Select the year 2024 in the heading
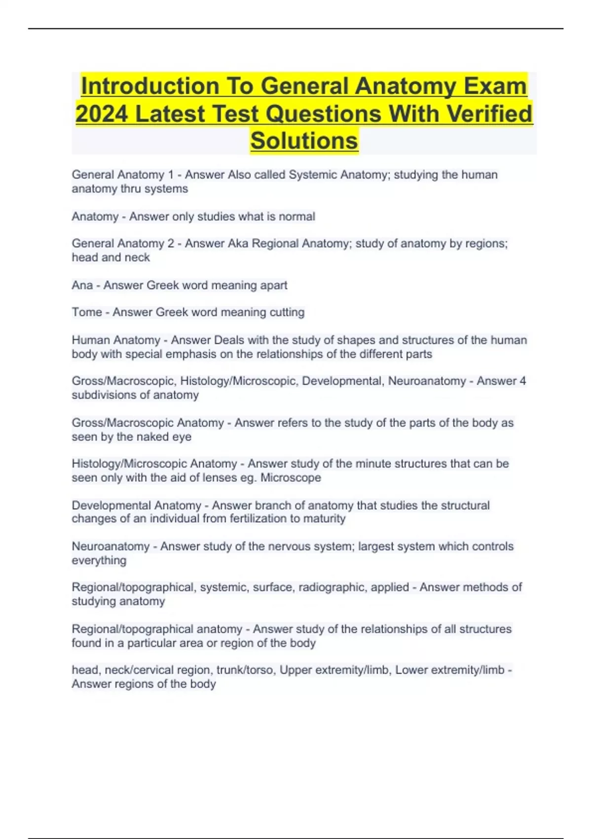(101, 114)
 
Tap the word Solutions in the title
(304, 141)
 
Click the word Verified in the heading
(490, 114)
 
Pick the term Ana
(82, 285)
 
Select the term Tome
(87, 312)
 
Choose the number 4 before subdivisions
(522, 381)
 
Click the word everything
(99, 561)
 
